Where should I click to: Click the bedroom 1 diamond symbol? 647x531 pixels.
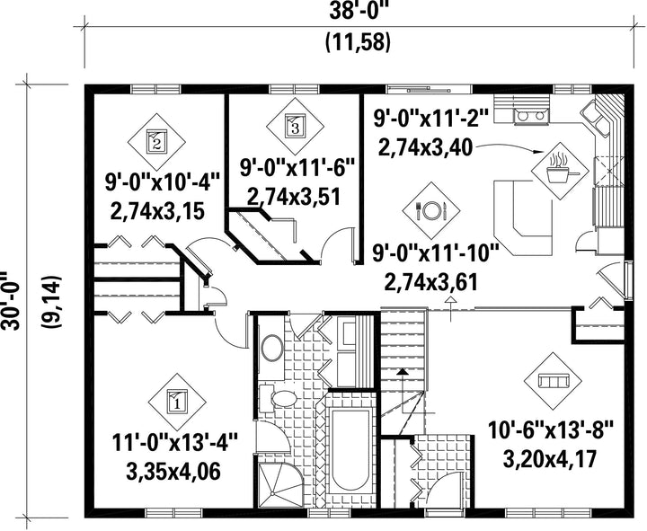click(177, 402)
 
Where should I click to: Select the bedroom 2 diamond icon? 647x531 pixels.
click(156, 142)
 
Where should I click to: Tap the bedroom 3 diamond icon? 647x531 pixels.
click(295, 126)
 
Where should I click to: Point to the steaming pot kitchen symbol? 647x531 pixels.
click(560, 171)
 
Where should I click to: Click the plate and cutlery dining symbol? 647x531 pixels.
click(431, 210)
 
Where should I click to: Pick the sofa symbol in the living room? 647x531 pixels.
click(553, 381)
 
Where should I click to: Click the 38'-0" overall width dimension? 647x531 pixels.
click(359, 12)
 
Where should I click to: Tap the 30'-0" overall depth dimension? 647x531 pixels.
click(11, 301)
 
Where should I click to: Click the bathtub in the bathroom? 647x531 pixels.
click(350, 450)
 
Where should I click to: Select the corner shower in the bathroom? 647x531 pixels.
click(278, 485)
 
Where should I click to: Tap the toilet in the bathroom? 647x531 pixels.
click(278, 398)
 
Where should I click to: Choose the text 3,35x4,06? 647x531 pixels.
click(173, 472)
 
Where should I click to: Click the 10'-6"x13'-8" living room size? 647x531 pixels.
click(551, 430)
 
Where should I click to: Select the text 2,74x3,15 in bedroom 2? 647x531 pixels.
click(157, 212)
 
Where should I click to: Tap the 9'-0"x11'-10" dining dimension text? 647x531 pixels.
click(436, 253)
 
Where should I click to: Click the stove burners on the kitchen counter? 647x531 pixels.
click(531, 116)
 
